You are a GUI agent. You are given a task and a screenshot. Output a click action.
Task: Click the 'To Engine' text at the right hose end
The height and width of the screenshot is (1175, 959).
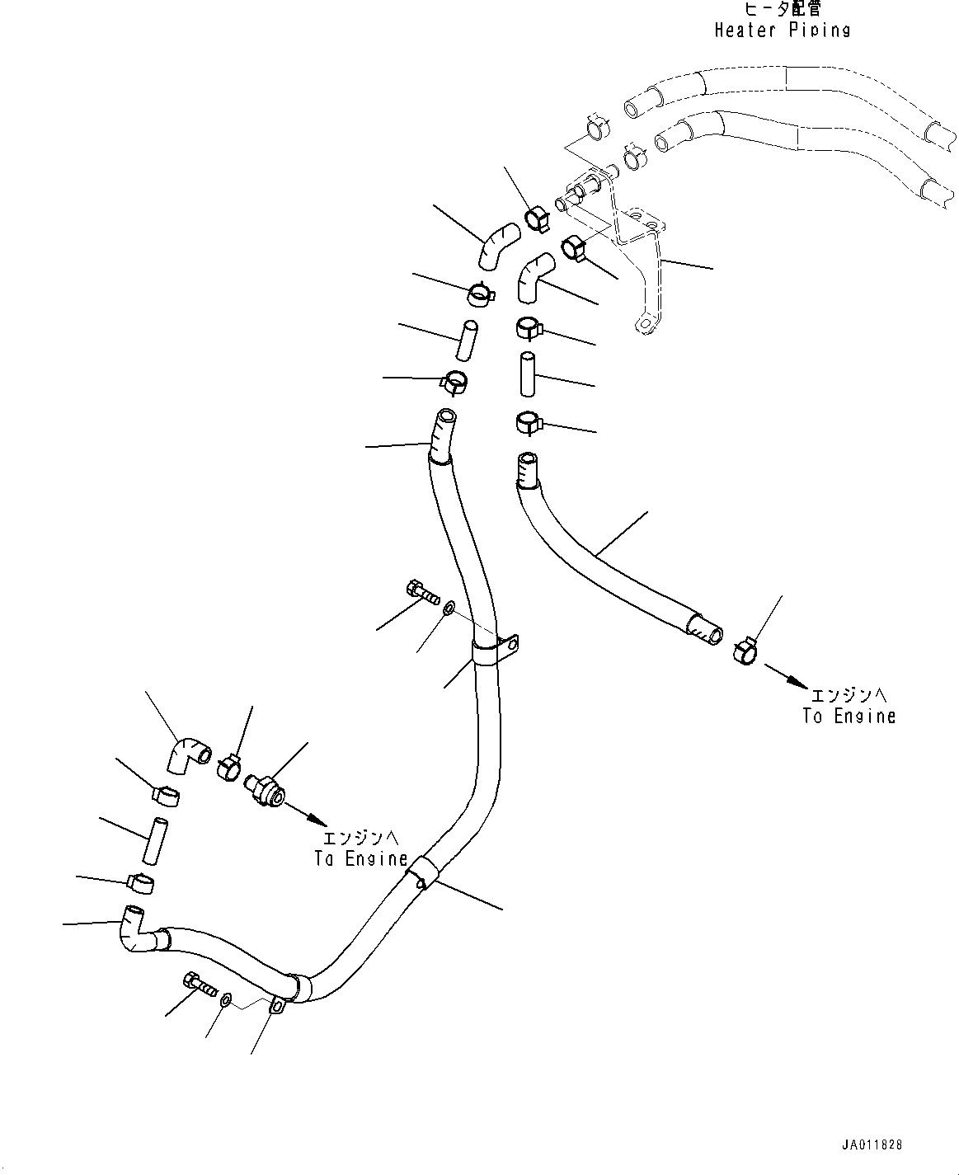pyautogui.click(x=849, y=716)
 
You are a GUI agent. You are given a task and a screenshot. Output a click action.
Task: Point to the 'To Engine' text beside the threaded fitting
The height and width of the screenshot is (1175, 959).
pyautogui.click(x=360, y=858)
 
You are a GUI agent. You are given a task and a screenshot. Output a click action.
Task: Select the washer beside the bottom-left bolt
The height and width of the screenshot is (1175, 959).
pyautogui.click(x=225, y=1000)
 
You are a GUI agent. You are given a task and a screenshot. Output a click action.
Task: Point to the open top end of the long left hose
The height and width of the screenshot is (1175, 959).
pyautogui.click(x=446, y=417)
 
